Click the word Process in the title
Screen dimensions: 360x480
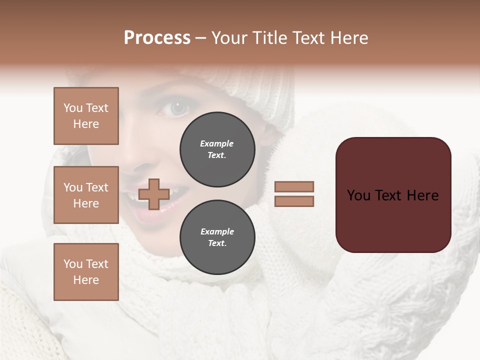[x=157, y=38]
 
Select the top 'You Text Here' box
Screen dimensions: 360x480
[x=86, y=116]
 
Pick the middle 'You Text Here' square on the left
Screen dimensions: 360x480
[x=86, y=195]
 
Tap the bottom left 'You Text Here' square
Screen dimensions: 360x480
[x=86, y=271]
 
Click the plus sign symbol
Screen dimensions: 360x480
[x=154, y=194]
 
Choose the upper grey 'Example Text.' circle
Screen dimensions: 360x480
[x=217, y=149]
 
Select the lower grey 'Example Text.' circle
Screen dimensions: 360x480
[x=217, y=237]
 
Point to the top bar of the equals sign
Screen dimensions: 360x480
[x=294, y=186]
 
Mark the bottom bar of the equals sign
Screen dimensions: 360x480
[x=294, y=201]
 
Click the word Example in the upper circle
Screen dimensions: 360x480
[x=217, y=143]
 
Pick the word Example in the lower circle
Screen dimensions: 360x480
[x=217, y=231]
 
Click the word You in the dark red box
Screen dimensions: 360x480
[x=358, y=195]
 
